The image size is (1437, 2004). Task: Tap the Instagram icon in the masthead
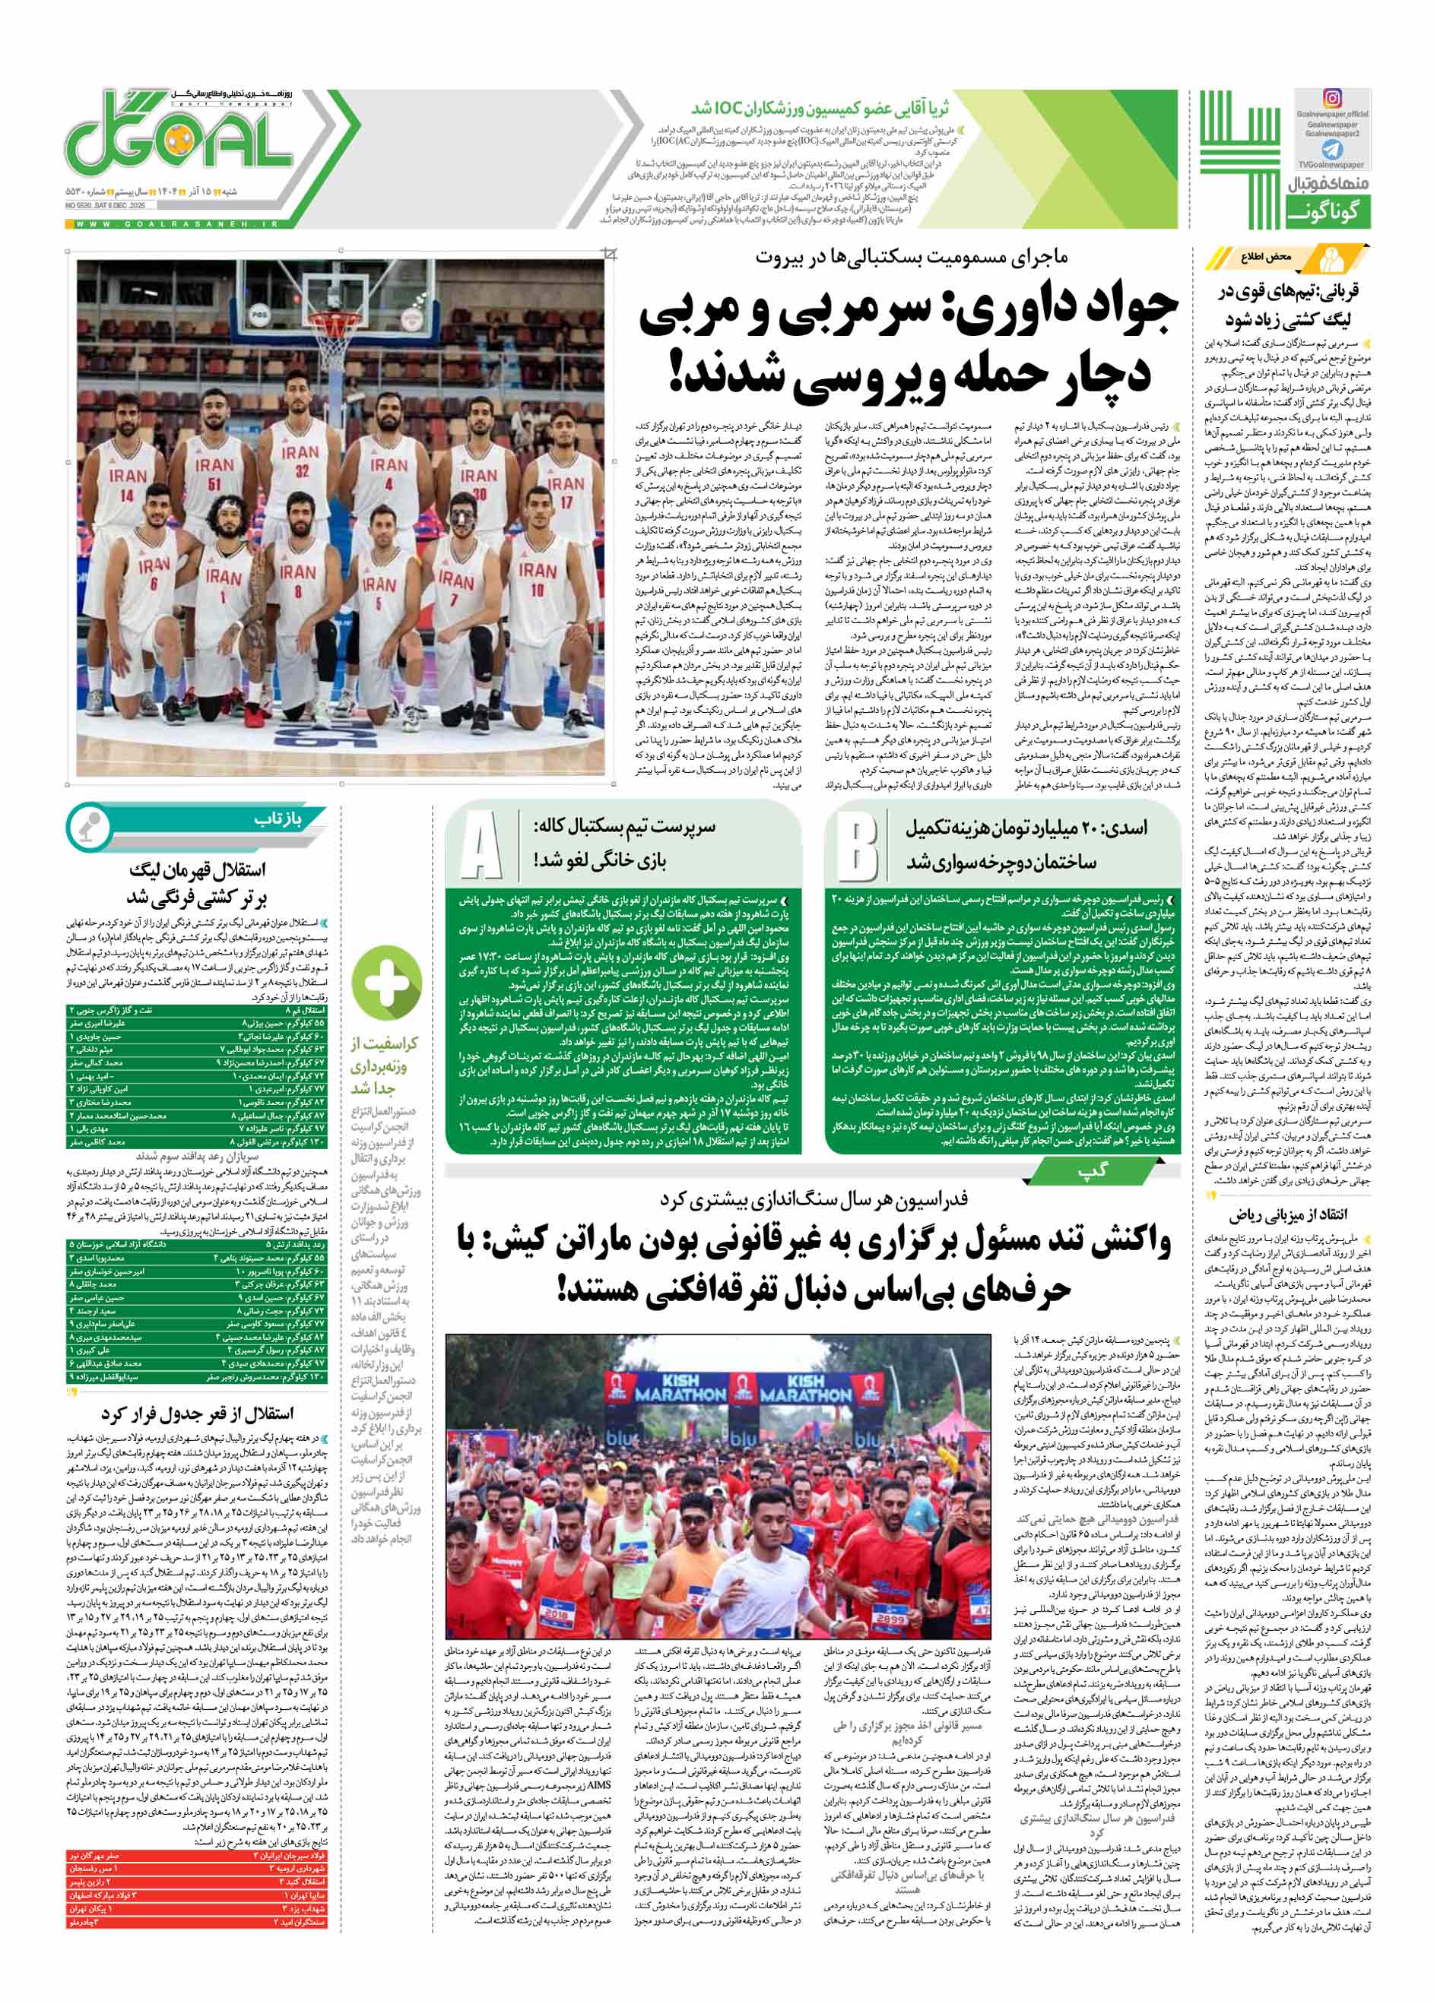coord(1331,99)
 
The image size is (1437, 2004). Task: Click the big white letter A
coord(481,848)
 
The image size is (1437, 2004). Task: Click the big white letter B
coord(856,848)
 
